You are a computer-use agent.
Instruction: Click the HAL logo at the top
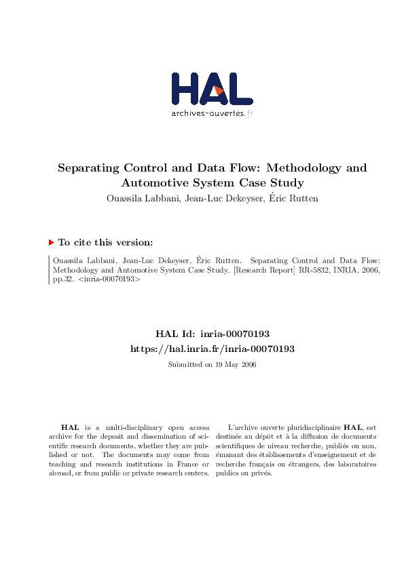[212, 89]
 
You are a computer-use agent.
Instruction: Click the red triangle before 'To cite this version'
[51, 242]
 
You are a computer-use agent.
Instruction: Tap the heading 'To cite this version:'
[105, 242]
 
